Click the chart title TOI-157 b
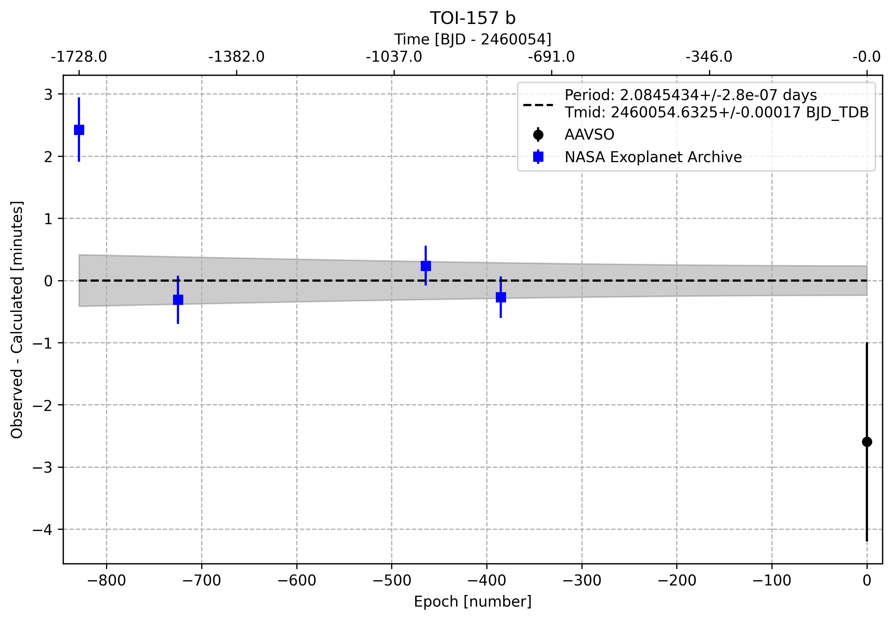pos(472,18)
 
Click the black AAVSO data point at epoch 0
pos(867,442)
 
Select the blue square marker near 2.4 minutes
pos(79,130)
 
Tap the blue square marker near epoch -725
pos(178,300)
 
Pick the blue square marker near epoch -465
pos(426,266)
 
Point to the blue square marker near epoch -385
pos(501,297)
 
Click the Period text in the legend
pos(691,95)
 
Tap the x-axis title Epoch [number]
pos(472,601)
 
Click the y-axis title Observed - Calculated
pos(17,320)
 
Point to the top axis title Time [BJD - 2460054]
pos(472,39)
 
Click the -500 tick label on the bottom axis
pos(392,581)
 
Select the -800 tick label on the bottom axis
pos(106,581)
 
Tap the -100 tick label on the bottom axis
pos(771,581)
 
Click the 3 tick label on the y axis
pos(48,94)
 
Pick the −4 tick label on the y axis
pos(42,529)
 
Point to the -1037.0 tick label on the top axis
pos(394,57)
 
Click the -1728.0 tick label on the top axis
pos(79,57)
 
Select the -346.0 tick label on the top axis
pos(709,57)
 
